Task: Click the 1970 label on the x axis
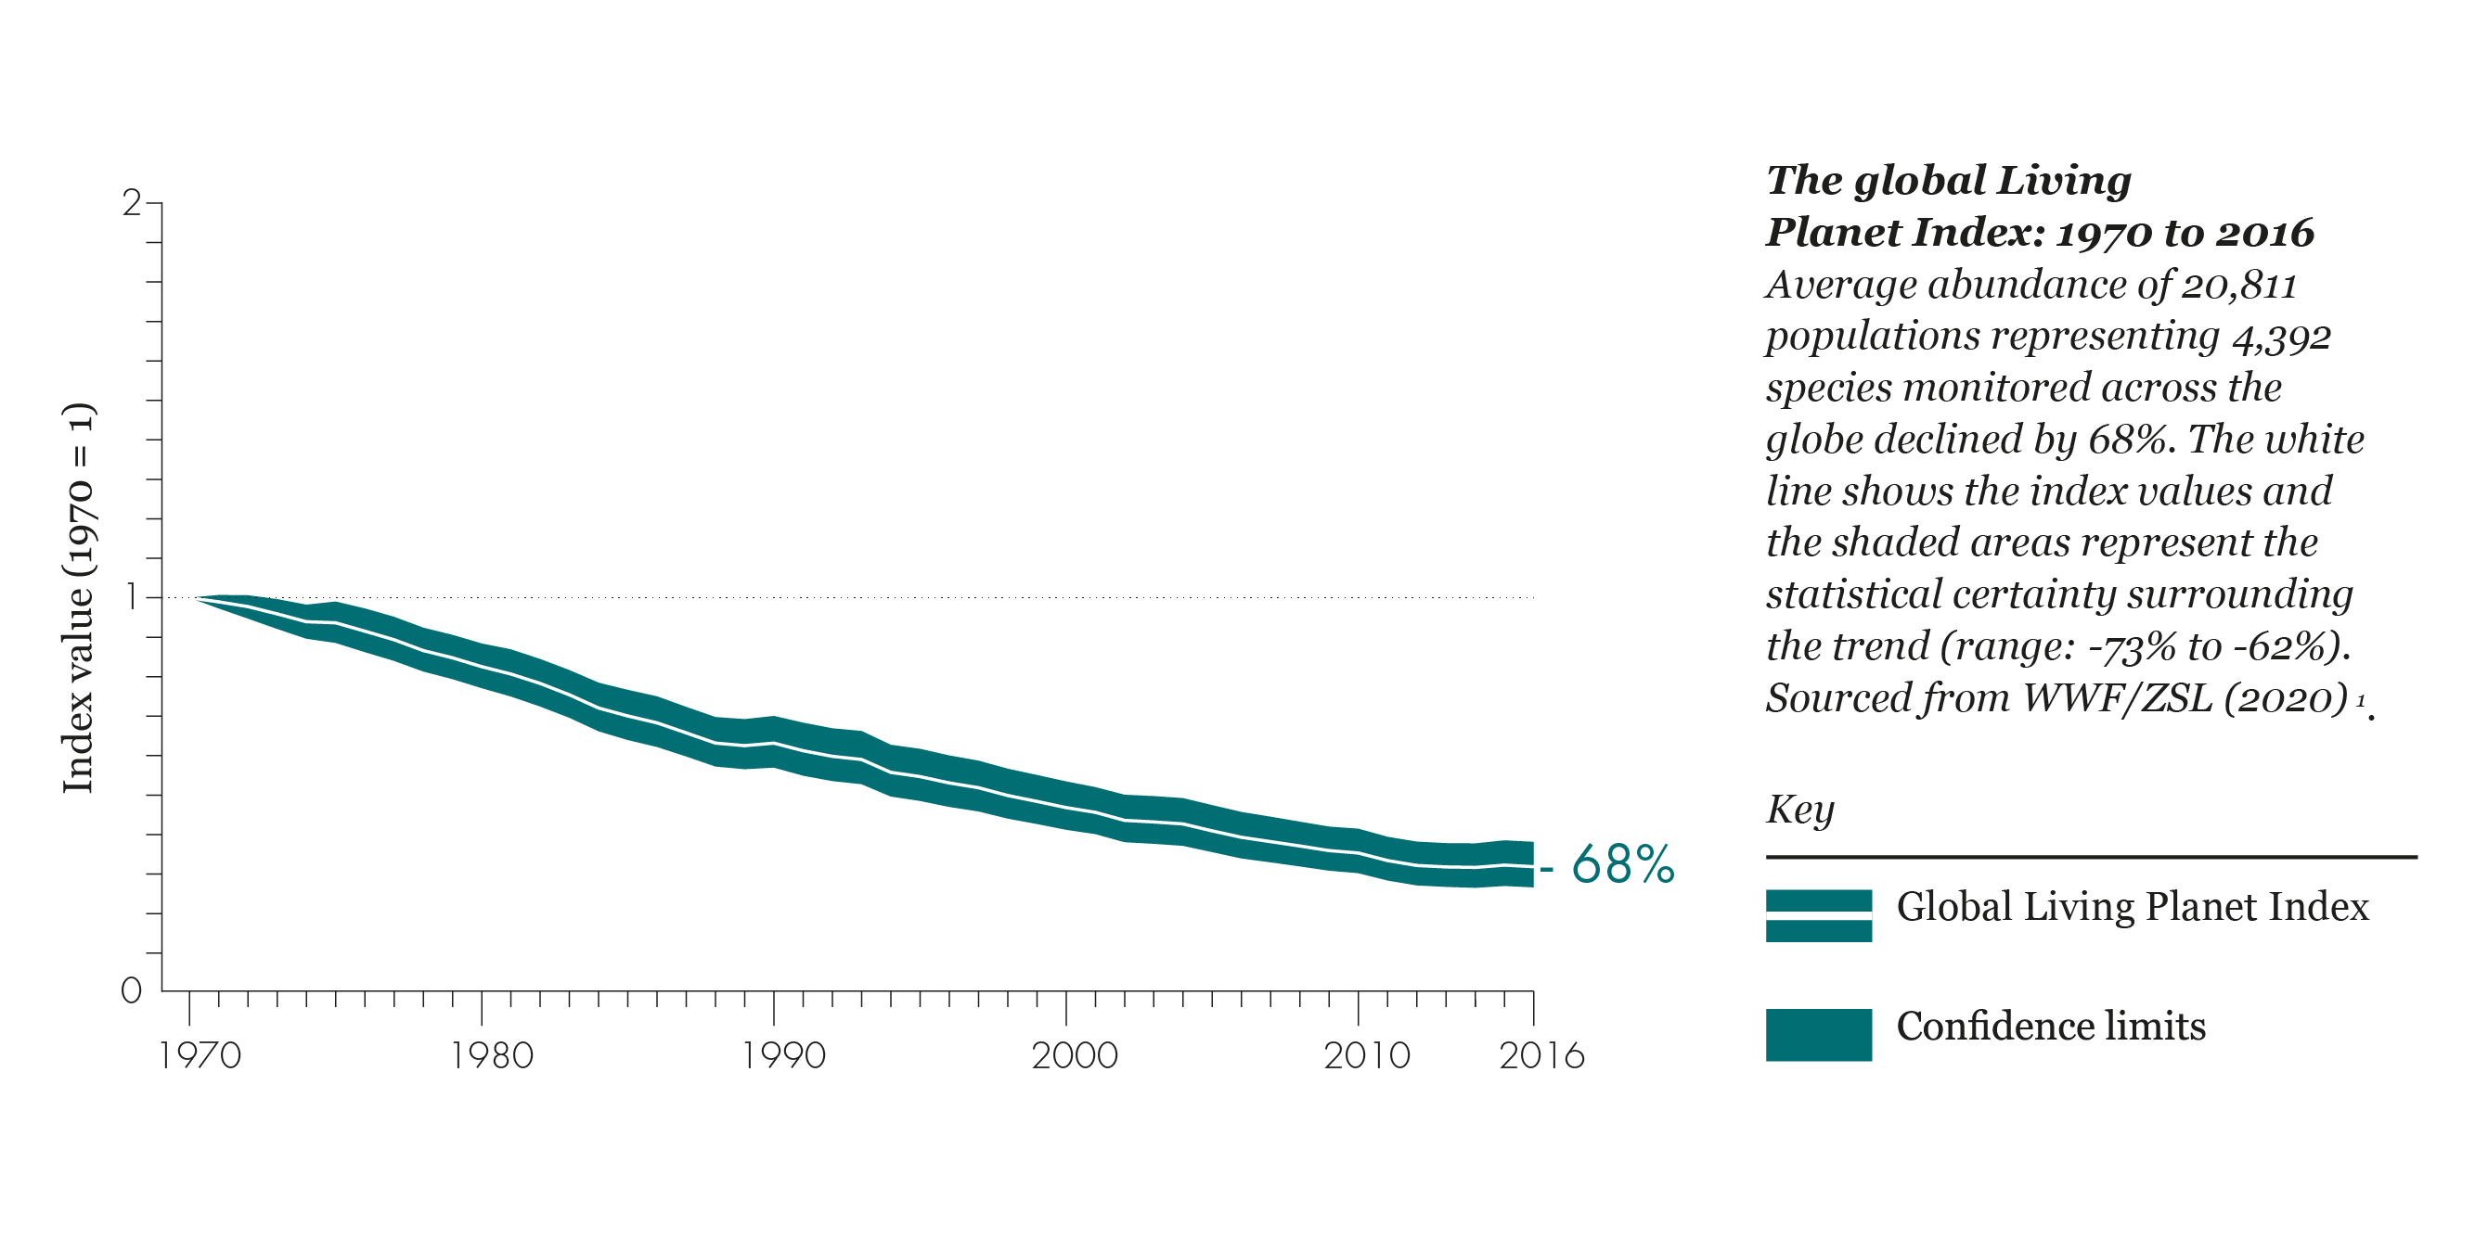point(200,1055)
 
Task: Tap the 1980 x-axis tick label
point(492,1055)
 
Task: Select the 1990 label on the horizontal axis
point(784,1055)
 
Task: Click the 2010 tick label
point(1367,1055)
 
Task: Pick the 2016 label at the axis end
point(1542,1055)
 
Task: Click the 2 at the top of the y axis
point(132,203)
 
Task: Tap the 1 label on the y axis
point(132,597)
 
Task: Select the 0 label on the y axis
point(132,990)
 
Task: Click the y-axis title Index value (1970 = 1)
point(78,597)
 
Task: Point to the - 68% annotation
point(1609,864)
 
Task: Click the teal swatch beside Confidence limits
point(1818,1034)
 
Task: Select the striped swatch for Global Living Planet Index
point(1818,915)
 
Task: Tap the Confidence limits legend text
point(2050,1026)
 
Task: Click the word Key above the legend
point(1799,809)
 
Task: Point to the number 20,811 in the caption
point(2238,286)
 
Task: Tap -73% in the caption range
point(2131,646)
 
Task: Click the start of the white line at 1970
point(200,598)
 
